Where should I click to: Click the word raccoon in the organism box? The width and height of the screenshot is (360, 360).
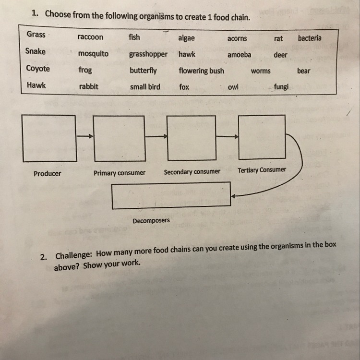(90, 37)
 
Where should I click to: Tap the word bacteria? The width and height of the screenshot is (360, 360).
(310, 38)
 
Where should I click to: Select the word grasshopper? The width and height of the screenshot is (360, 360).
(148, 54)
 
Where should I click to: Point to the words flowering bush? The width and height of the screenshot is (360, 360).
(201, 71)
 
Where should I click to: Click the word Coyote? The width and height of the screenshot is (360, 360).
(38, 68)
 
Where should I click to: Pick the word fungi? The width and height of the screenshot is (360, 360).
(281, 87)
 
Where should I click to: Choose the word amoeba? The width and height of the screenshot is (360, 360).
(239, 55)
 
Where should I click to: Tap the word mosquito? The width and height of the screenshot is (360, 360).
(93, 54)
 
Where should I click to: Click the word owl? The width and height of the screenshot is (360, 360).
(233, 87)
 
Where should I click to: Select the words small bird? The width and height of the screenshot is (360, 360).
(145, 87)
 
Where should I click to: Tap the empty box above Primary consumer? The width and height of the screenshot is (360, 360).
(119, 138)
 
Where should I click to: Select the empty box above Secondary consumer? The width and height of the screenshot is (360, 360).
(190, 138)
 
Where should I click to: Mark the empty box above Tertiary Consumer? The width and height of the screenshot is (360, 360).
(262, 137)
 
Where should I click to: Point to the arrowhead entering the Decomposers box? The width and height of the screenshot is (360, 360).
(233, 196)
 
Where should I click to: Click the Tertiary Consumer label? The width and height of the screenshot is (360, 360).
(262, 170)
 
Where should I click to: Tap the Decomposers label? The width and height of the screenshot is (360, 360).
(151, 221)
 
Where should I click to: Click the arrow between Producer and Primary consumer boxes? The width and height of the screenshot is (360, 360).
(84, 137)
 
